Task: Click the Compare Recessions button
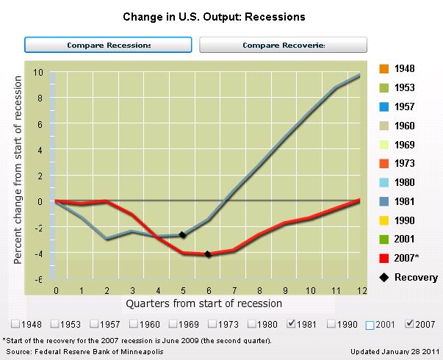109,45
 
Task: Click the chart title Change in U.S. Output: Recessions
221,15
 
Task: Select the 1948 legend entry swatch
383,69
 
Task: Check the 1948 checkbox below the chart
16,324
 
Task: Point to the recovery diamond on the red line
208,254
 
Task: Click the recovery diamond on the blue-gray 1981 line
182,235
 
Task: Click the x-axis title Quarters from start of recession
204,303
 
